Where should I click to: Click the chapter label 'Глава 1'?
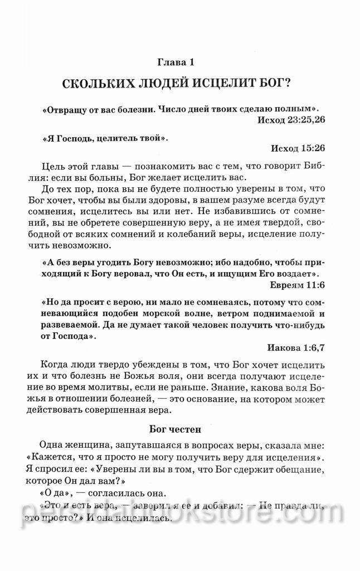(179, 62)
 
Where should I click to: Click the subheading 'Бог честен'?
(179, 429)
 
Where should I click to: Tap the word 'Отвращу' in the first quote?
(65, 108)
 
